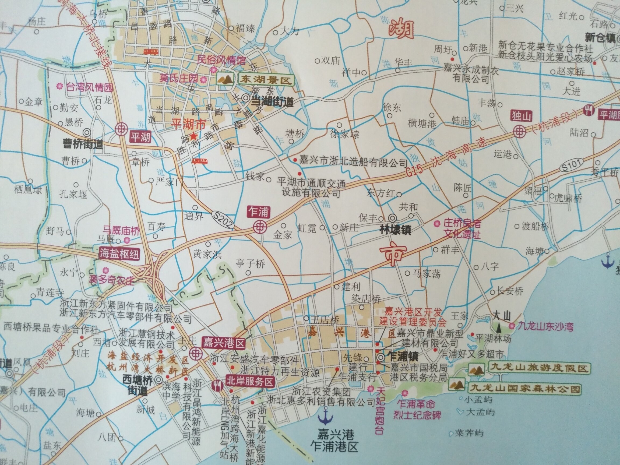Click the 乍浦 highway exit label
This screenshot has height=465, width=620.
coord(258,212)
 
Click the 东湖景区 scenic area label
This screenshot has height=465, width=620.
coord(265,80)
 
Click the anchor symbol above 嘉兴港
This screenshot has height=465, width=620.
coord(325,416)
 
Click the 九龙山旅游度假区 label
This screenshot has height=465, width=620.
coord(538,368)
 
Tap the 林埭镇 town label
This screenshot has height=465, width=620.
coord(395,230)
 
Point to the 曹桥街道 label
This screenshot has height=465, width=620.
coord(82,144)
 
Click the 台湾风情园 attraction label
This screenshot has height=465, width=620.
coord(89,87)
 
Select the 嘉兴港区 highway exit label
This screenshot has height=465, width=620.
coord(223,343)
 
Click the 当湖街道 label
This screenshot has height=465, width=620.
coord(272,101)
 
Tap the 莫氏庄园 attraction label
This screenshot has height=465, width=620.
coord(179,78)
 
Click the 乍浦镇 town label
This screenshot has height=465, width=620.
coord(403,357)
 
